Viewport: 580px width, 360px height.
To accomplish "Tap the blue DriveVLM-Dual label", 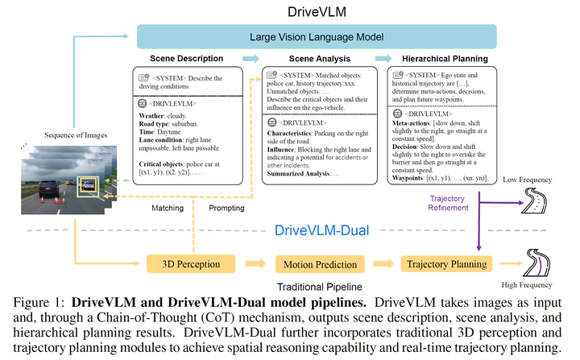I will [x=322, y=231].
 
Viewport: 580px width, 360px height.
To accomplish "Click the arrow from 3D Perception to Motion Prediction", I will [x=255, y=263].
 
